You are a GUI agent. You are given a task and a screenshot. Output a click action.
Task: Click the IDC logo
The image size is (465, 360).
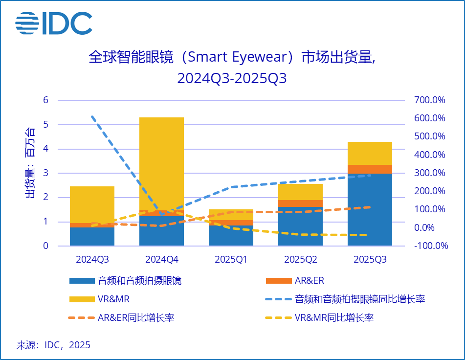54,23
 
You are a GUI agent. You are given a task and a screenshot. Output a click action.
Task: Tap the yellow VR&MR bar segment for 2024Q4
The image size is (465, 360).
161,161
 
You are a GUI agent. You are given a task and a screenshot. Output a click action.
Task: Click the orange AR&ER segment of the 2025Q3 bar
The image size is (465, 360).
370,169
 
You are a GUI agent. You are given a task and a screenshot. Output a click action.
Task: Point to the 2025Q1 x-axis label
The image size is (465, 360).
231,259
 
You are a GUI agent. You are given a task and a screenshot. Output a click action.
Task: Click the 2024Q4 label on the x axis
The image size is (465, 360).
161,259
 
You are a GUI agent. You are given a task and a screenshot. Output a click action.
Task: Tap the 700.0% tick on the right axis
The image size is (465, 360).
429,100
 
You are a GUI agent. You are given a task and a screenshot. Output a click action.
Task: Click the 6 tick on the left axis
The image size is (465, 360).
46,100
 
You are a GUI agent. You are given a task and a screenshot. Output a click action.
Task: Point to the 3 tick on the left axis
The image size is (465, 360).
46,173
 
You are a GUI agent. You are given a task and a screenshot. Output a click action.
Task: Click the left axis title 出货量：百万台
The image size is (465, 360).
30,163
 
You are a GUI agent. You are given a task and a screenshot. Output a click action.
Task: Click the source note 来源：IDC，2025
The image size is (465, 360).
54,345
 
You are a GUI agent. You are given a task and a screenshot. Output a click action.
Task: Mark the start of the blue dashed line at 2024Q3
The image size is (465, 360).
92,116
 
